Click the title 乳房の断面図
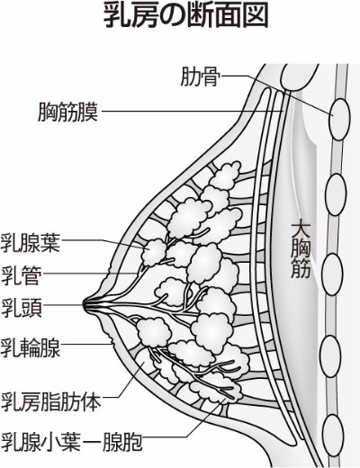[x=185, y=17]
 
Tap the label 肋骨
[x=200, y=77]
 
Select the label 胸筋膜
[x=68, y=112]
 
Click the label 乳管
[x=21, y=275]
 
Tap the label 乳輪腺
[x=31, y=347]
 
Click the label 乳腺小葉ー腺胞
[x=71, y=441]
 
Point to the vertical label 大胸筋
[x=301, y=250]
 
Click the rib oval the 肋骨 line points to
[x=339, y=119]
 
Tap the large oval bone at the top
[x=299, y=76]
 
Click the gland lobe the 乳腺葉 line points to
[x=154, y=253]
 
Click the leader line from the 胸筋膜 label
[x=193, y=112]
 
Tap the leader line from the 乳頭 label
[x=64, y=304]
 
